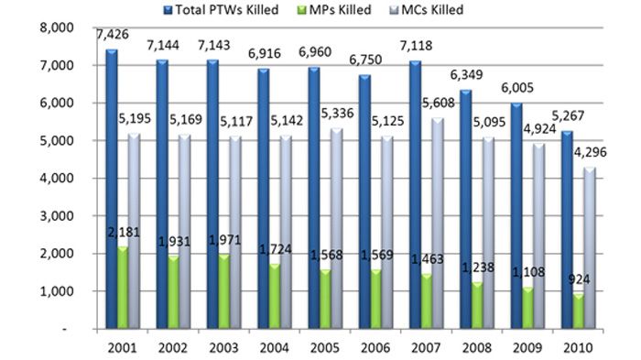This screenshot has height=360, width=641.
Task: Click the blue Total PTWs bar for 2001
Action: click(112, 189)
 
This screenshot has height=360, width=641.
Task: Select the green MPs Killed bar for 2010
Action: click(578, 311)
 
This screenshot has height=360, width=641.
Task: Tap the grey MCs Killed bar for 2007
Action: click(438, 224)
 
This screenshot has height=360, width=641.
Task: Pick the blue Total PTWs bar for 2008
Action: click(465, 210)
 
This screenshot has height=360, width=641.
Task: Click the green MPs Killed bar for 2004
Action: click(275, 296)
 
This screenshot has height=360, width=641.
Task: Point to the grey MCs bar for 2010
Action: click(590, 248)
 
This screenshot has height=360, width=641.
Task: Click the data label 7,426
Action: click(113, 35)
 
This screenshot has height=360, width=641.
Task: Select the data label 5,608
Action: click(439, 104)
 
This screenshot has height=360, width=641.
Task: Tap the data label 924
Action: click(579, 279)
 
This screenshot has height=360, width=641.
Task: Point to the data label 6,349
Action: click(466, 75)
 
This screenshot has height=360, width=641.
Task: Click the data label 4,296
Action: click(591, 153)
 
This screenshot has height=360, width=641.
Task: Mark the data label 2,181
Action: click(124, 233)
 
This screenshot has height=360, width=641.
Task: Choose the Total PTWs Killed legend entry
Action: click(222, 10)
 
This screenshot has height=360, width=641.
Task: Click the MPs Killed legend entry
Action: click(334, 10)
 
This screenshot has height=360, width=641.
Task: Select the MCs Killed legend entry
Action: click(427, 10)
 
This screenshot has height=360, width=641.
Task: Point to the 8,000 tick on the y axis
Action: click(57, 27)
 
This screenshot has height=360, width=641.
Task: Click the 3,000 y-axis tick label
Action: click(57, 216)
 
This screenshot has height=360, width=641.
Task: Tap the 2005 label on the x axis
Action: click(325, 348)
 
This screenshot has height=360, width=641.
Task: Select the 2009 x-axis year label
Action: click(527, 348)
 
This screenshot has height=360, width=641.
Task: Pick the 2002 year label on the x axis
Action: click(173, 348)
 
